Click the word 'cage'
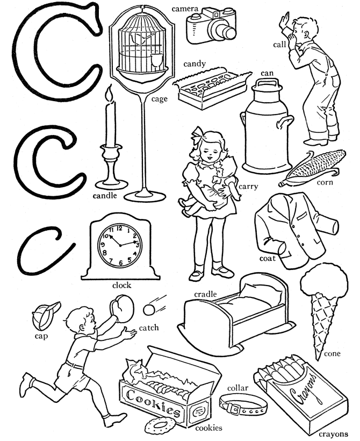coord(159,98)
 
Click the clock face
coord(119,245)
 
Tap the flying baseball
coord(149,310)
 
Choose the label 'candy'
coord(194,64)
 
